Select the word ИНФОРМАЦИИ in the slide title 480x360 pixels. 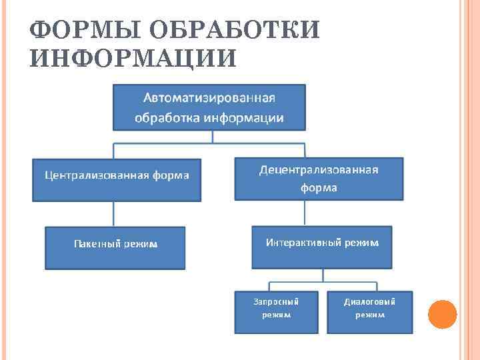pos(133,59)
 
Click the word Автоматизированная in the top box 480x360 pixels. pos(209,97)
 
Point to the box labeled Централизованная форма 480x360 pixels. pos(117,179)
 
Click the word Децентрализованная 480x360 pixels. pos(319,169)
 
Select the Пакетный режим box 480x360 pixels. pos(115,247)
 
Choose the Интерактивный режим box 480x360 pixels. pos(322,247)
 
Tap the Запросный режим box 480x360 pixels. pos(276,311)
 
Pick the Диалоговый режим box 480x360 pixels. pos(369,311)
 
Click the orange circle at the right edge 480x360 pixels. pos(442,314)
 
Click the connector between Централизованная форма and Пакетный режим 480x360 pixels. pos(114,213)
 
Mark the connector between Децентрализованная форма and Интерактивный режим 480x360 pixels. pos(305,213)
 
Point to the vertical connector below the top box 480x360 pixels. pos(212,136)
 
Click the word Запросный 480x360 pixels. pos(276,301)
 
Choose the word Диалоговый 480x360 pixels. pos(369,301)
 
